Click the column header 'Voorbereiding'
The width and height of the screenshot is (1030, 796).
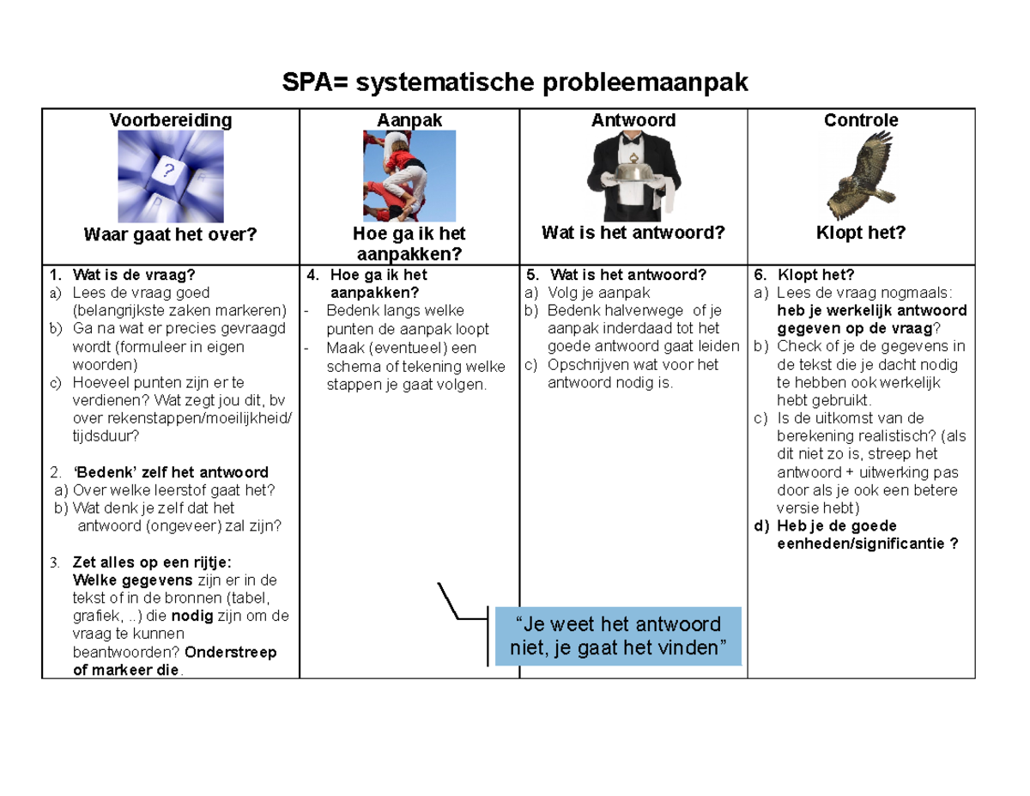170,120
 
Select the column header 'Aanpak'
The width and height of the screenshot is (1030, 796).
409,120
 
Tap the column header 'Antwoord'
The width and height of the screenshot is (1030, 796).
633,120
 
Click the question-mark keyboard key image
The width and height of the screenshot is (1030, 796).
170,177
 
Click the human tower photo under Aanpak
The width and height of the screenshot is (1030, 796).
409,176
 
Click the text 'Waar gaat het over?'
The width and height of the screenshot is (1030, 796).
170,234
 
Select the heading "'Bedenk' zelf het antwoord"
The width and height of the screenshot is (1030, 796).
171,472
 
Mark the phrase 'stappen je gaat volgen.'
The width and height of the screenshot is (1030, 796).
406,385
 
